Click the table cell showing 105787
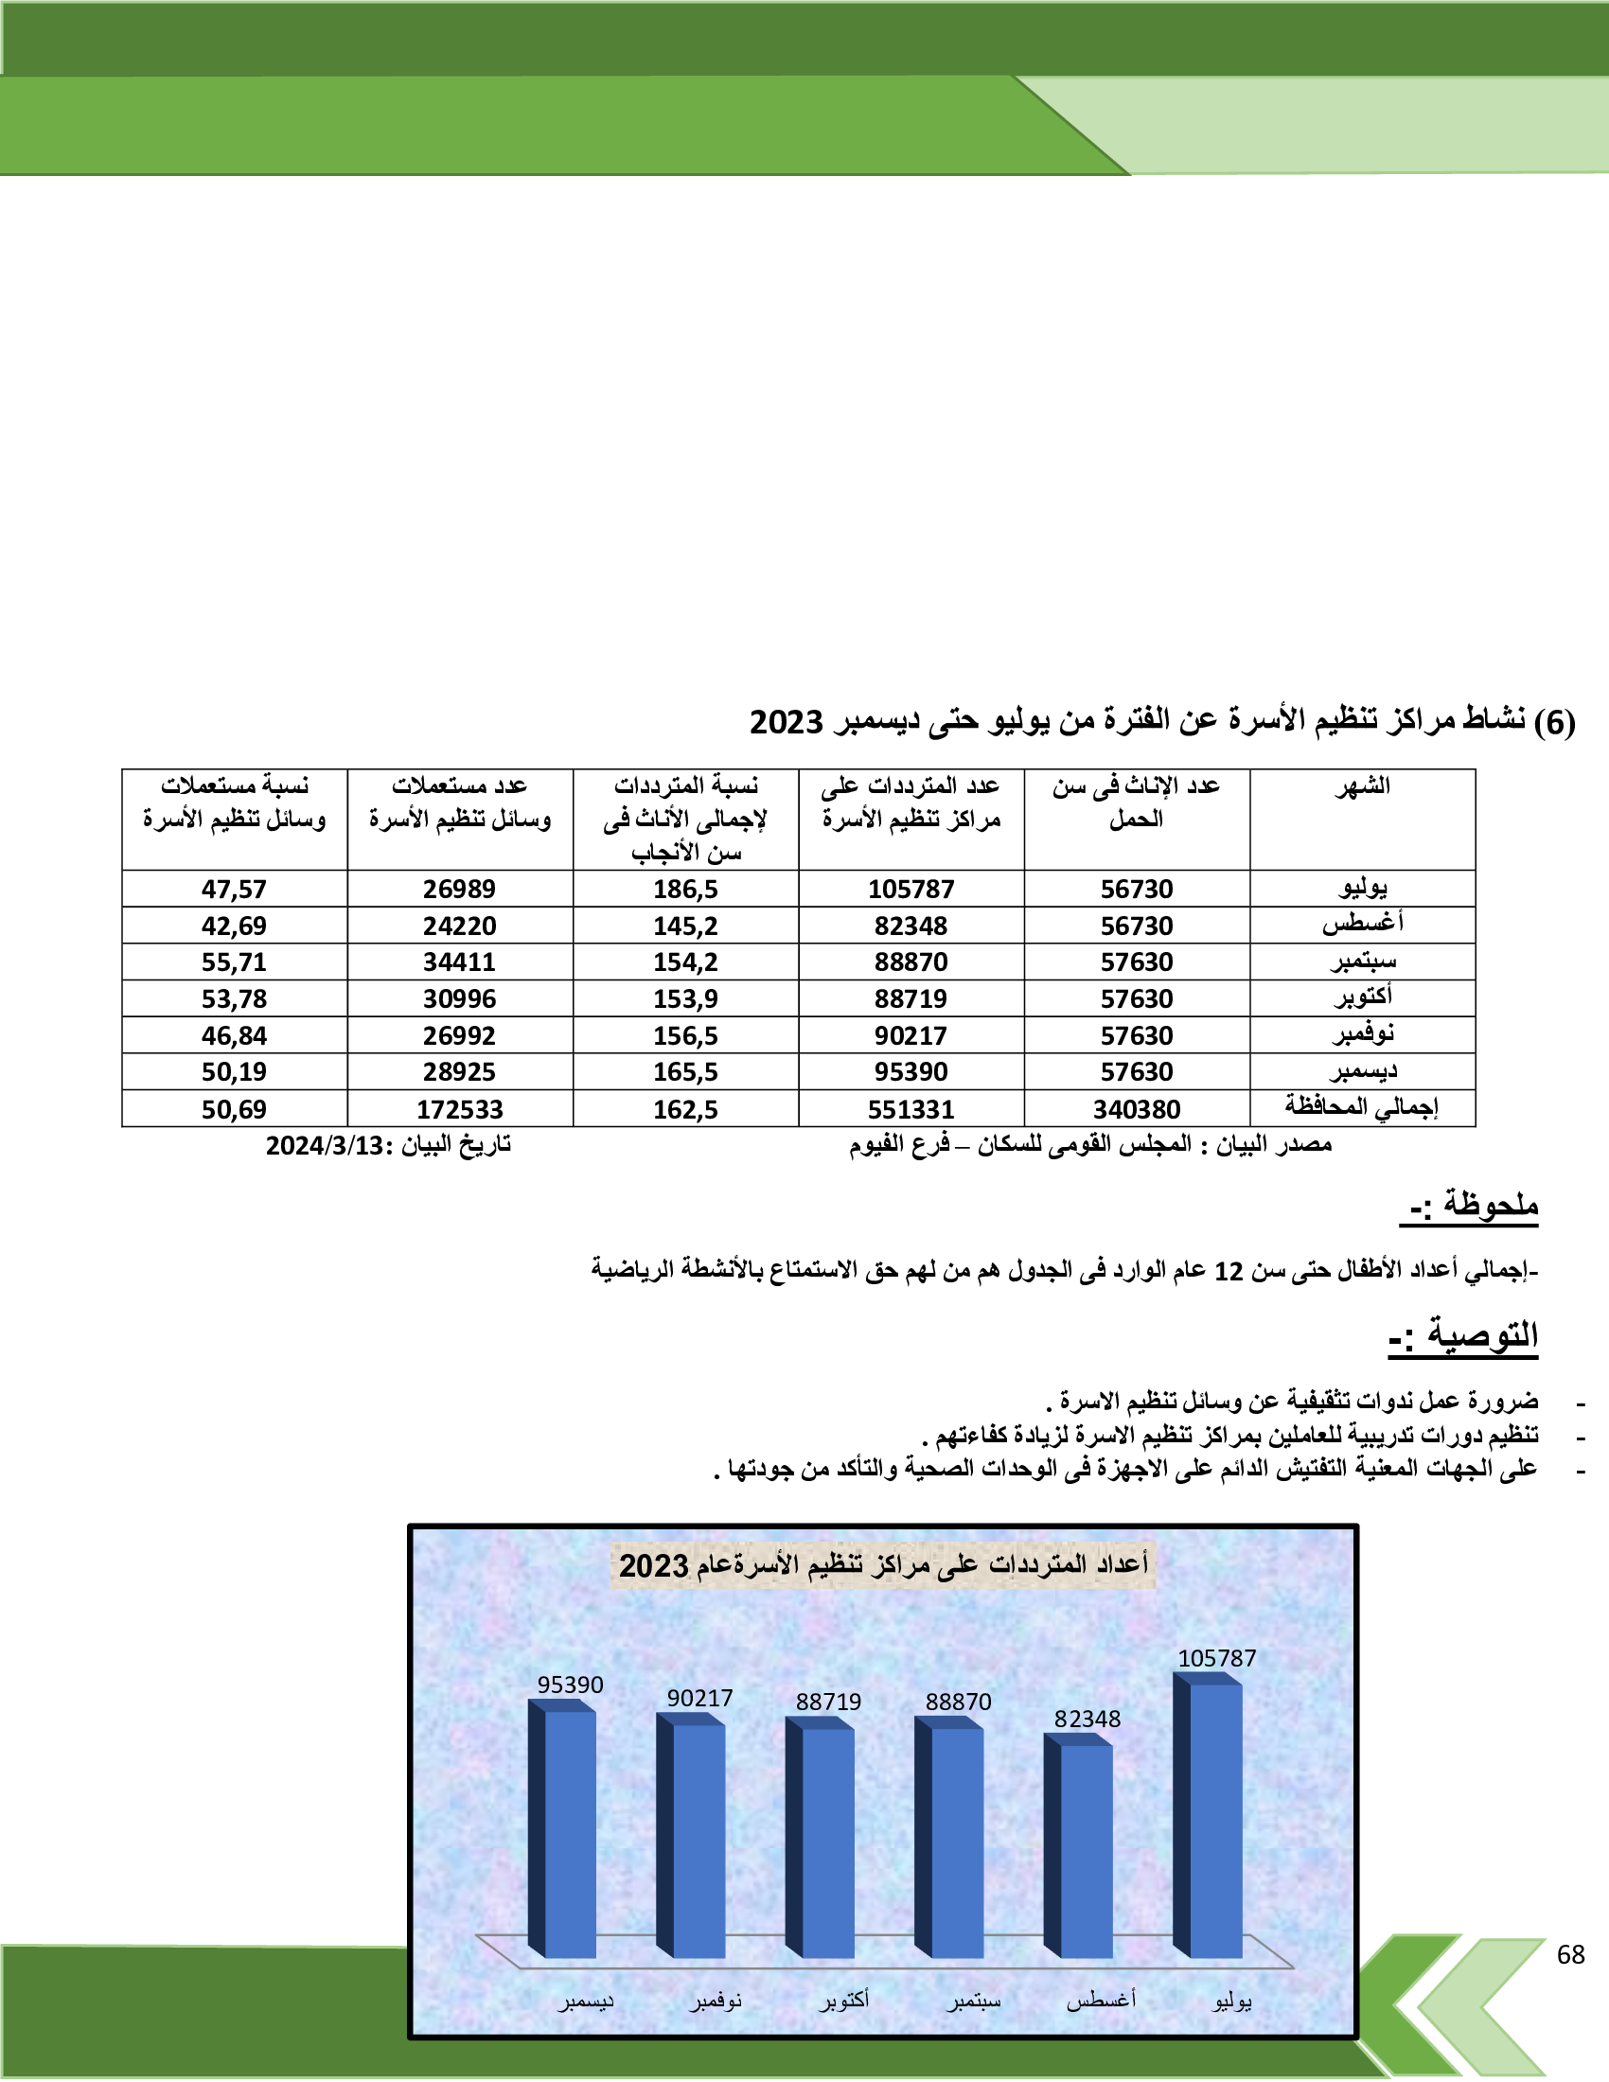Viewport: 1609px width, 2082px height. coord(911,889)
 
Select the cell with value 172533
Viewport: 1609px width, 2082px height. coord(459,1109)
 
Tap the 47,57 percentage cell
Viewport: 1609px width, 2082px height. coord(234,889)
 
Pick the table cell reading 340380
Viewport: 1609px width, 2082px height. coord(1136,1109)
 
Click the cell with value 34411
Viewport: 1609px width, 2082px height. coord(459,962)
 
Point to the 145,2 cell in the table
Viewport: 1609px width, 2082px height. coord(685,926)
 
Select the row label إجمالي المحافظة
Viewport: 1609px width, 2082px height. coord(1361,1107)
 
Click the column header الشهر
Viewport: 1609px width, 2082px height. coord(1362,786)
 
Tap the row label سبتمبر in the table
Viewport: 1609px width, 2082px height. coord(1363,961)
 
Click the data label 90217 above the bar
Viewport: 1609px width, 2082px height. coord(699,1698)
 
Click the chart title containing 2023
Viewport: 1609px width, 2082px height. coord(883,1564)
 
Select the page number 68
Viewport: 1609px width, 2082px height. coord(1570,1954)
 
